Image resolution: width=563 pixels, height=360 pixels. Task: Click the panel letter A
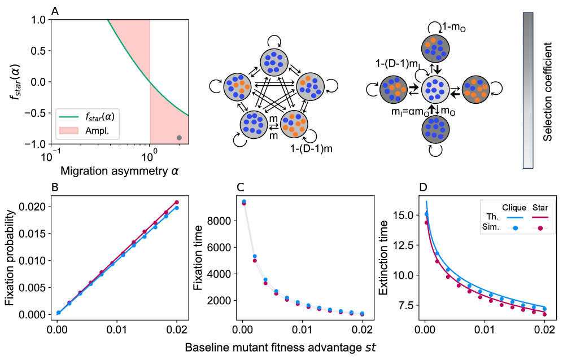click(54, 11)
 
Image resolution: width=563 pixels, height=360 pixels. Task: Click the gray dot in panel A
click(180, 138)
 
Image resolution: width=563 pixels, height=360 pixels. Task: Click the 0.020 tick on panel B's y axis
click(35, 207)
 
